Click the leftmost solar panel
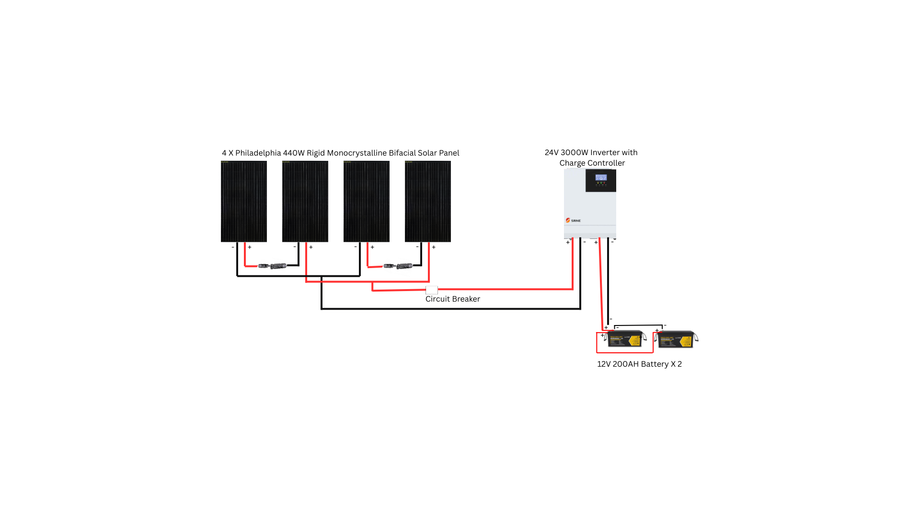243,201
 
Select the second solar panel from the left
305,201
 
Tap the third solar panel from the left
366,201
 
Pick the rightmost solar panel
427,201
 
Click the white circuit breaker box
431,290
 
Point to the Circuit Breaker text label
452,299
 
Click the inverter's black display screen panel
600,180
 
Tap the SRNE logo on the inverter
573,220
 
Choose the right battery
677,339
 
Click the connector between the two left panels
272,266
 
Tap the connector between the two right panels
398,266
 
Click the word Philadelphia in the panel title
258,153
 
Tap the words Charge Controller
592,163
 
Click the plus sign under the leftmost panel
250,247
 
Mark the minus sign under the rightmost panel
417,247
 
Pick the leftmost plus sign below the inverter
568,242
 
